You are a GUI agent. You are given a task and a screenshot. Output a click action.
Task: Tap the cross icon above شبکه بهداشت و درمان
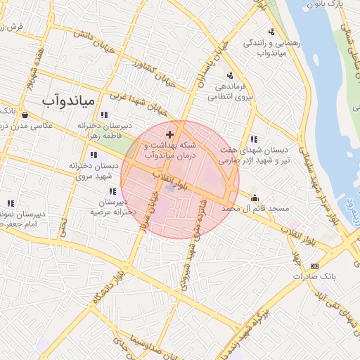[x=169, y=134]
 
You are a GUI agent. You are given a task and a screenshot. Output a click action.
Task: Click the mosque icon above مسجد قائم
[x=255, y=198]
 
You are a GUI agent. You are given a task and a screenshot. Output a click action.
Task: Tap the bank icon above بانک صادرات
[x=314, y=266]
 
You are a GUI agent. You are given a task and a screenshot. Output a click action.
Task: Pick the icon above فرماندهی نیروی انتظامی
[x=229, y=75]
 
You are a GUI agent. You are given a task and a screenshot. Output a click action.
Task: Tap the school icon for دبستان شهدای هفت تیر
[x=253, y=139]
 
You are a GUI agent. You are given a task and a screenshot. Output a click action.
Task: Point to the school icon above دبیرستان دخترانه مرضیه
[x=112, y=191]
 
